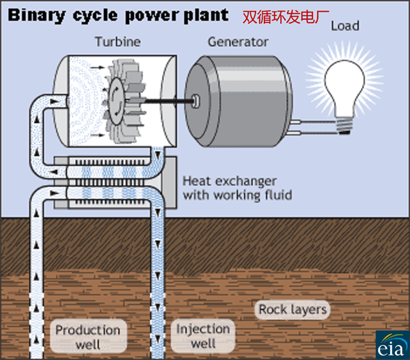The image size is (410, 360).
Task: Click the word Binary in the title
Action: [35, 13]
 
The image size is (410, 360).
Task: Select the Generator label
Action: [238, 42]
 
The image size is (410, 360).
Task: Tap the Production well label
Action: [87, 337]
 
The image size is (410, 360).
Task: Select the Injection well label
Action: [203, 335]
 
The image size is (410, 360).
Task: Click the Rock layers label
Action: [292, 309]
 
